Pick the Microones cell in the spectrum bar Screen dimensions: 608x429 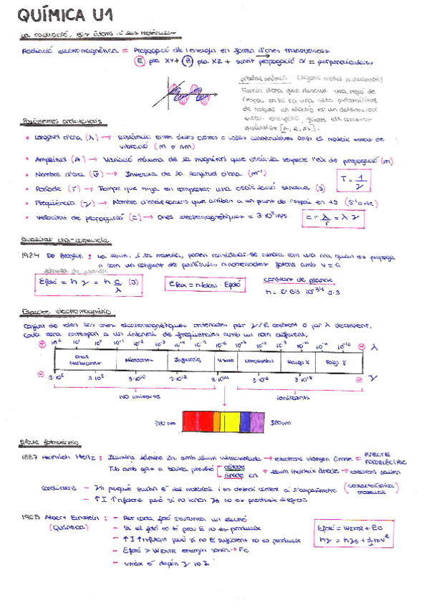136,360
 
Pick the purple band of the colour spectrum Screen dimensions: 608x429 248,421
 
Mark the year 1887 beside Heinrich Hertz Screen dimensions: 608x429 32,456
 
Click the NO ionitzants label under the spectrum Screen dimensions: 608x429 140,396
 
